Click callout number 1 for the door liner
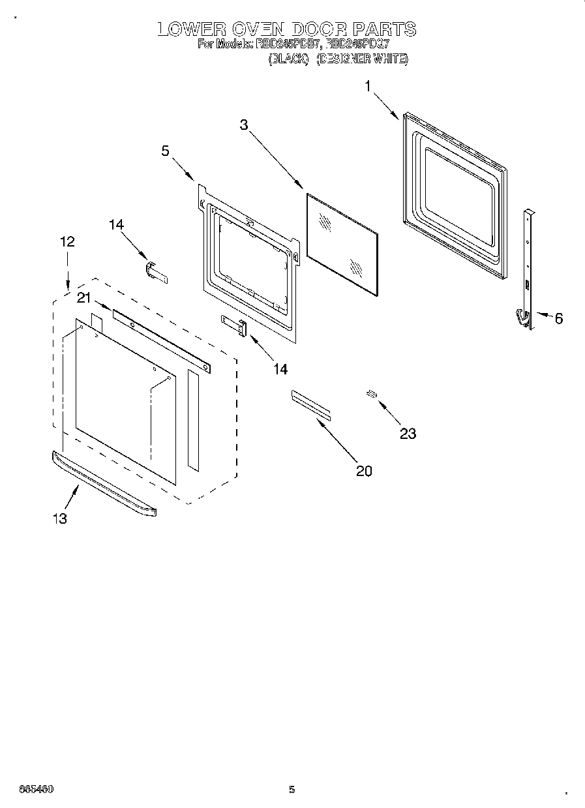368,85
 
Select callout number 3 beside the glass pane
244,125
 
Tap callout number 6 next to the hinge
558,318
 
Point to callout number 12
67,241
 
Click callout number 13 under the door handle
59,518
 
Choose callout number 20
364,470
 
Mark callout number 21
83,298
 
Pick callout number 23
408,433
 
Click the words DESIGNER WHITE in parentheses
363,59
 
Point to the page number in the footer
292,790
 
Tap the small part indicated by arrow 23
372,393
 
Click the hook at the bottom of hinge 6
521,316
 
